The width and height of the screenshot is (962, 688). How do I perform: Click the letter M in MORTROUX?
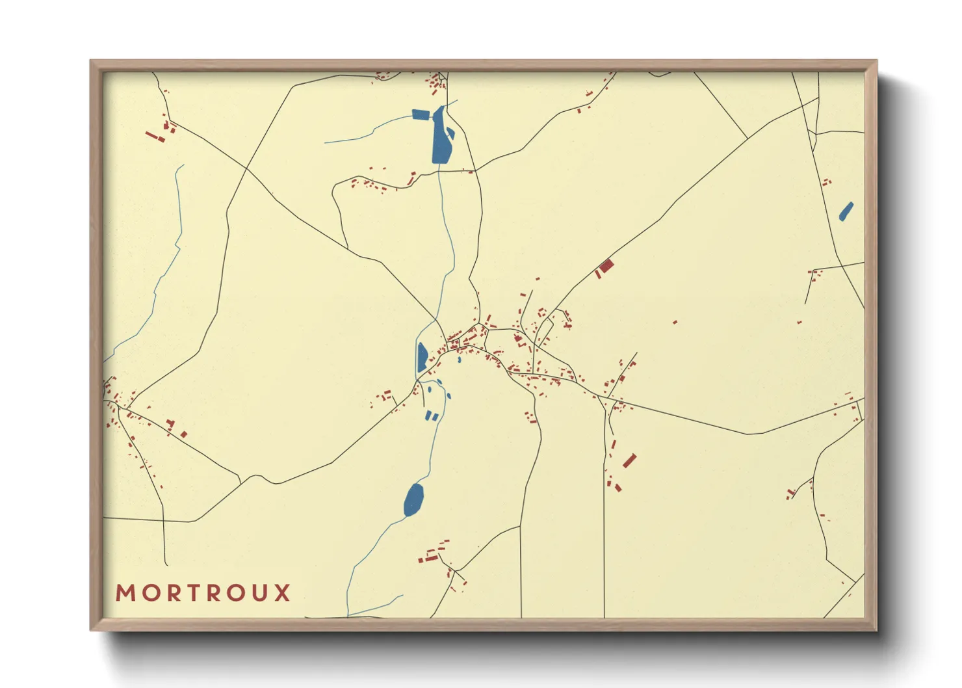125,593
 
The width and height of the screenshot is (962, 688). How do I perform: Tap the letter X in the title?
281,593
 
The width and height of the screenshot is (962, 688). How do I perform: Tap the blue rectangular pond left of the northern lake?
421,115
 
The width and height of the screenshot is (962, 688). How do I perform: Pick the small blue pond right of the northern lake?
450,133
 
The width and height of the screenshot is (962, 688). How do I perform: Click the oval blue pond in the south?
413,499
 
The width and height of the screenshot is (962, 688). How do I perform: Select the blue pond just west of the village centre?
422,356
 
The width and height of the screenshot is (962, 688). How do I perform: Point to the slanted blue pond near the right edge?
846,211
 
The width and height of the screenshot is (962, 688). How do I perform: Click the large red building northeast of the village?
606,266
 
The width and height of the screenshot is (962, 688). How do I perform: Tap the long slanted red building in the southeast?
629,461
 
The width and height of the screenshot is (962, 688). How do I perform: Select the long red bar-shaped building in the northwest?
153,137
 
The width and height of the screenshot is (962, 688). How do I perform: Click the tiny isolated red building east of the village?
675,322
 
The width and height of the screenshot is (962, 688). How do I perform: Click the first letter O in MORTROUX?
147,593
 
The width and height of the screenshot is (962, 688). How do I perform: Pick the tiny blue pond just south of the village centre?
459,359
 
